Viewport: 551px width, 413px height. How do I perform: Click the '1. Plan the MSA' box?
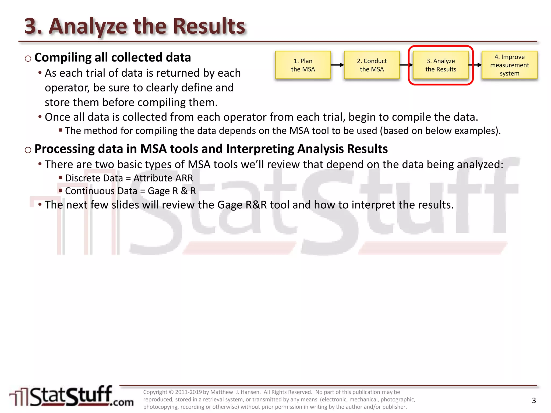click(x=303, y=65)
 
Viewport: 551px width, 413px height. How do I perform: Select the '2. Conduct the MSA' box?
click(x=372, y=65)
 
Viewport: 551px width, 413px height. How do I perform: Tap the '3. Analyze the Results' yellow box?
click(x=441, y=65)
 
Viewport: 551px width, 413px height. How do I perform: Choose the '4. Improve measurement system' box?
click(x=510, y=65)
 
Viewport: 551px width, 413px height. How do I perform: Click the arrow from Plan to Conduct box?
click(x=337, y=65)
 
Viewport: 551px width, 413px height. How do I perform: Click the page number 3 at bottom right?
click(x=534, y=401)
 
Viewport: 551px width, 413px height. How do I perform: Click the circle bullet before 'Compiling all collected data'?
click(x=28, y=59)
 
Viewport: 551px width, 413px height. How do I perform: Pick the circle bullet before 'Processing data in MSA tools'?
click(x=28, y=150)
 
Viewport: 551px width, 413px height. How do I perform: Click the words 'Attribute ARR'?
click(x=163, y=178)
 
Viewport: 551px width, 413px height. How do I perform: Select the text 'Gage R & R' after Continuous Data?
click(x=172, y=191)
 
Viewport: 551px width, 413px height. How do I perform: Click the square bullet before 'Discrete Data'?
click(x=61, y=177)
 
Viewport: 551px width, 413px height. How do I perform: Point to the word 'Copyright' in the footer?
click(x=155, y=392)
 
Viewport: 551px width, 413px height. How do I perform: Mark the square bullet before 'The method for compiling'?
click(x=61, y=130)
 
